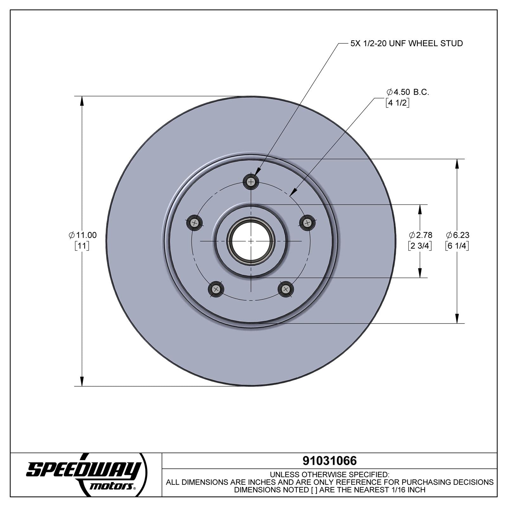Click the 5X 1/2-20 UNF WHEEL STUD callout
406,43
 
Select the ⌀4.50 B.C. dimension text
408,92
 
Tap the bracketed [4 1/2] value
397,103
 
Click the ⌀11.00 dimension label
83,235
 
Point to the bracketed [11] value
82,246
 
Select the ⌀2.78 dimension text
420,235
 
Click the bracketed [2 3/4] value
420,246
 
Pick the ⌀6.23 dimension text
458,235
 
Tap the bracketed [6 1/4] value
457,246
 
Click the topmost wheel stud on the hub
251,182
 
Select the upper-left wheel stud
195,223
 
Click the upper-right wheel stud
307,223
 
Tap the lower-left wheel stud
216,289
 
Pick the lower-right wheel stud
286,289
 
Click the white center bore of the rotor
251,241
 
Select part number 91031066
330,461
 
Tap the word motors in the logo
111,486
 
